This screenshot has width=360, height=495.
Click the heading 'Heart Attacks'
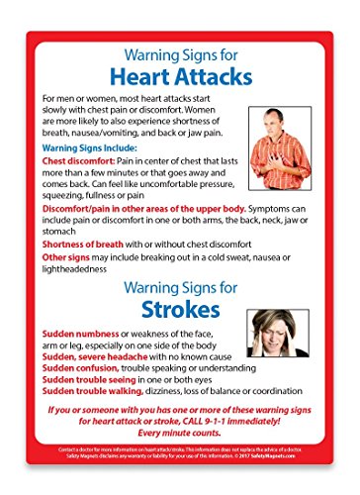[x=180, y=75]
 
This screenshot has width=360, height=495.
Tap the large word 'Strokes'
[x=180, y=308]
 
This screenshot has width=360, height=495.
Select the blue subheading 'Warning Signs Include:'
[x=88, y=147]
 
